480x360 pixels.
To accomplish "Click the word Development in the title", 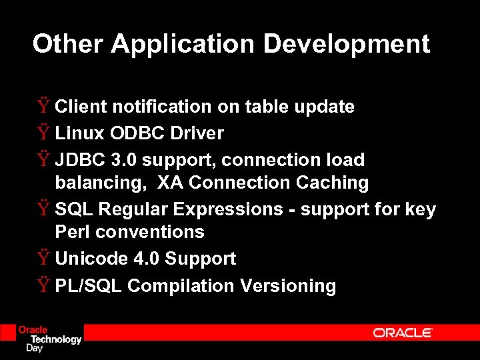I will pyautogui.click(x=346, y=44).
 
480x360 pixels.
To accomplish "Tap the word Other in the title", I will pyautogui.click(x=69, y=44).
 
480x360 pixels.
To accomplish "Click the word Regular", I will pyautogui.click(x=133, y=209).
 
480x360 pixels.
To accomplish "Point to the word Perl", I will pyautogui.click(x=73, y=232).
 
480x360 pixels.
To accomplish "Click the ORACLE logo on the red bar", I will pyautogui.click(x=403, y=333).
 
